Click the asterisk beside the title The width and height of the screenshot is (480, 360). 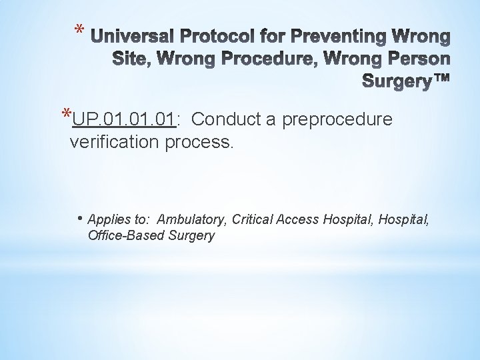(x=79, y=31)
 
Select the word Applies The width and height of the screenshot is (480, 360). (x=104, y=219)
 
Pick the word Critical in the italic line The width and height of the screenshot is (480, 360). (x=258, y=219)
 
